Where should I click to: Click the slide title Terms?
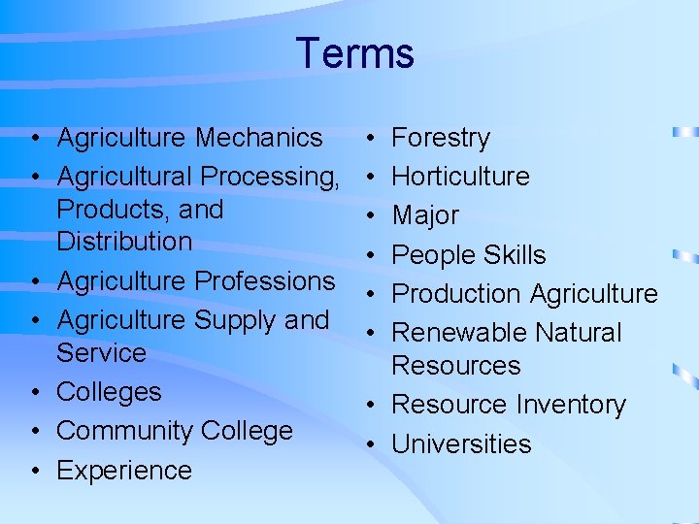[355, 52]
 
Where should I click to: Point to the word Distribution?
[124, 241]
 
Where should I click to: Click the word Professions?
[265, 280]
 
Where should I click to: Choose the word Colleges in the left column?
[109, 392]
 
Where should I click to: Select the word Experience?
[124, 471]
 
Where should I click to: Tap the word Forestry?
[440, 138]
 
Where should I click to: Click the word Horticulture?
[460, 177]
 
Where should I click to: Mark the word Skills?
[512, 255]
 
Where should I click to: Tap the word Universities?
[461, 444]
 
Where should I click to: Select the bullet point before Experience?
[34, 471]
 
